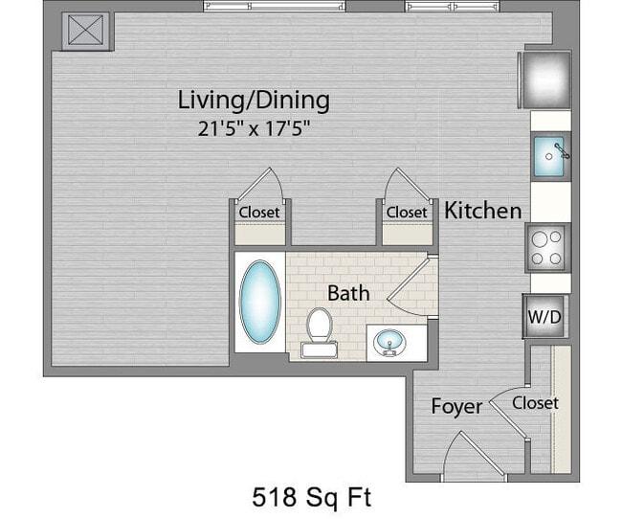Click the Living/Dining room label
254,100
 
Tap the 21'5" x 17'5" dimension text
255,127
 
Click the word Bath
348,293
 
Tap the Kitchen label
483,211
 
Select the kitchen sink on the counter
550,152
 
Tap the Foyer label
456,407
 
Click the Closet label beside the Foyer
535,403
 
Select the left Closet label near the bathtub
259,212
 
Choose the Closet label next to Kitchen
407,212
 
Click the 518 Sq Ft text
311,497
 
